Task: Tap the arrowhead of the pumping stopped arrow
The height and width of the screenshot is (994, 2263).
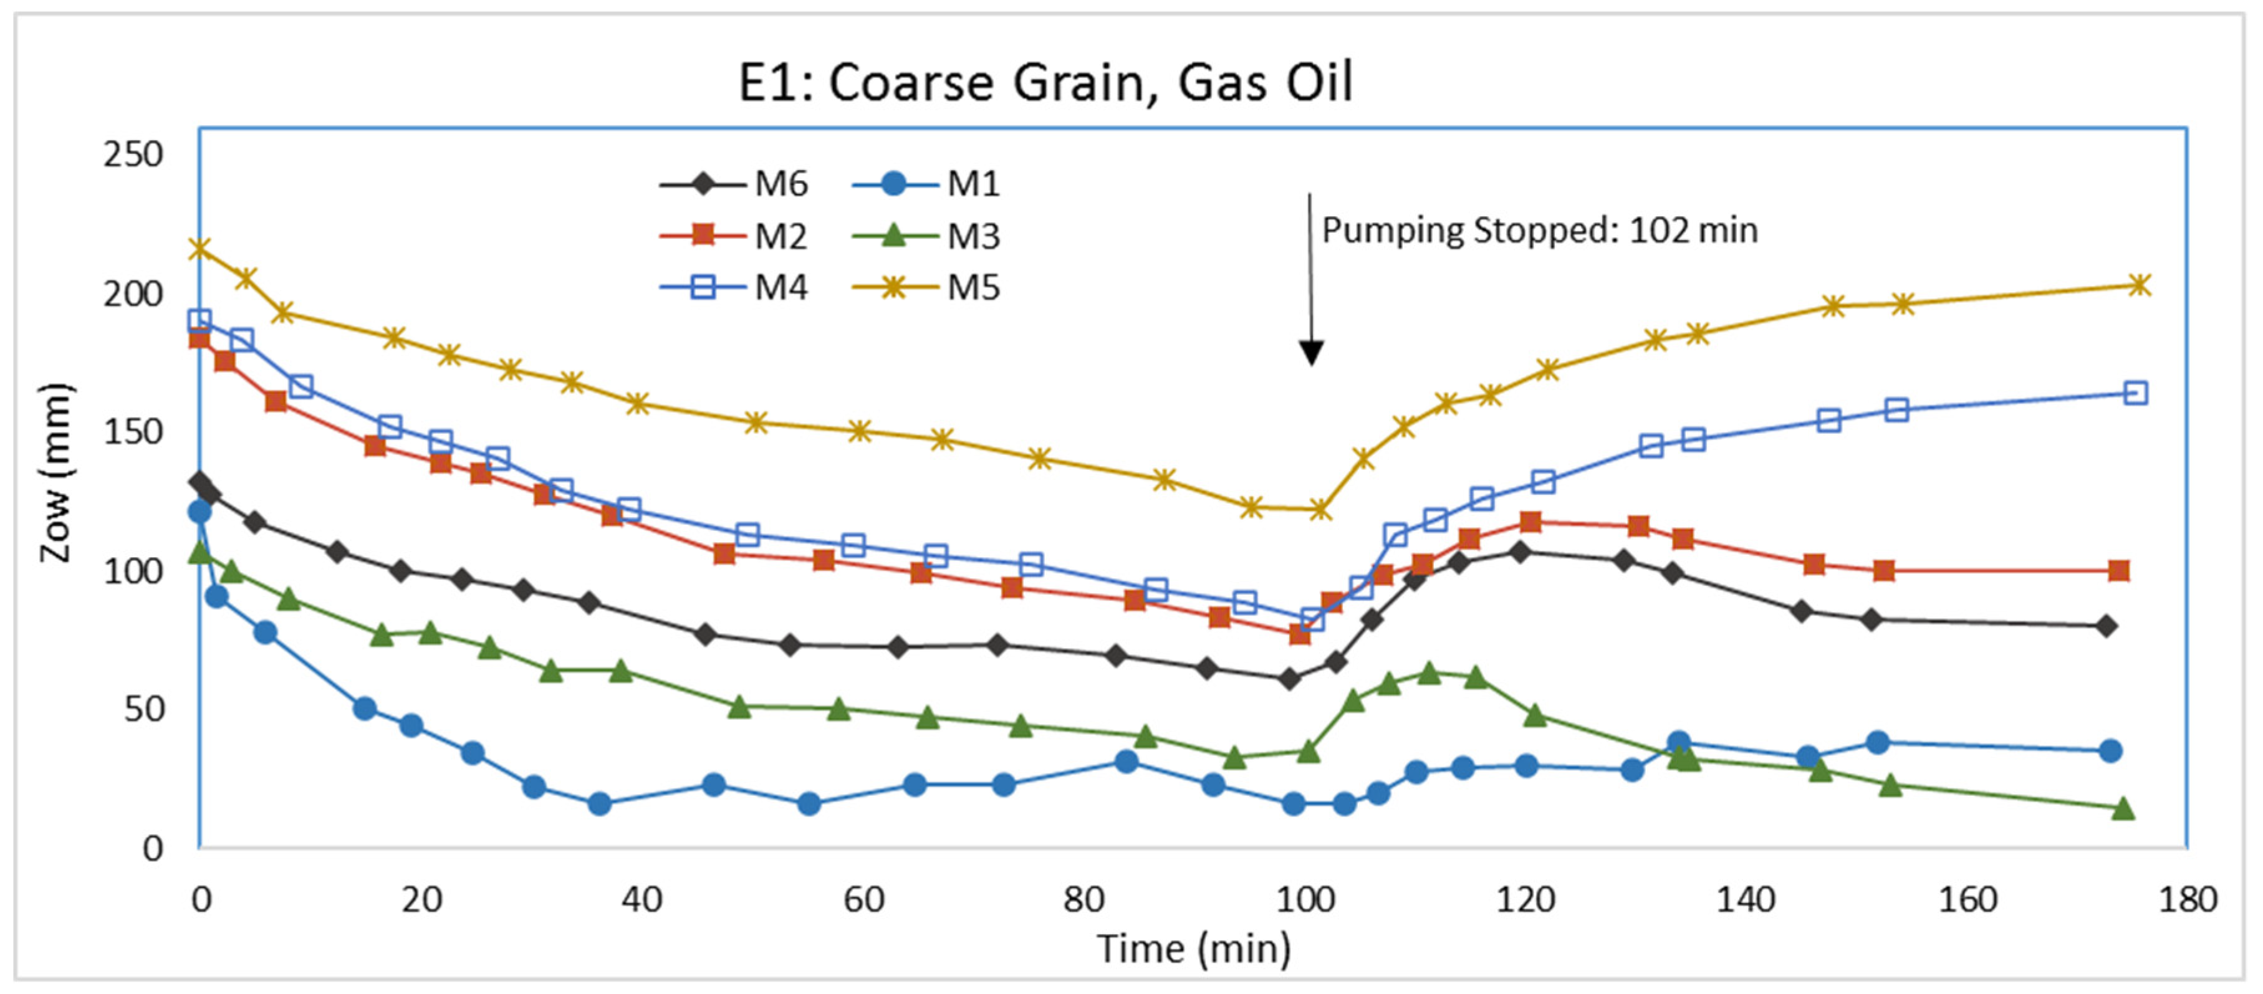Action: pos(1310,353)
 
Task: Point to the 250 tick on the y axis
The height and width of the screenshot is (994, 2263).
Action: pos(133,155)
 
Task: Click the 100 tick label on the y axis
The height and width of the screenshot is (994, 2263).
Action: pos(133,571)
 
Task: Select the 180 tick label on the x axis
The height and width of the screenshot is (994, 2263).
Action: pos(2188,900)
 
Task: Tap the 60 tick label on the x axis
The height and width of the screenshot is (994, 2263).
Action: pos(863,900)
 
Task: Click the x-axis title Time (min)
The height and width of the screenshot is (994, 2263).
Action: pos(1194,949)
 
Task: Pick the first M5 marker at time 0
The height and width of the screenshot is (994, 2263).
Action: pos(200,249)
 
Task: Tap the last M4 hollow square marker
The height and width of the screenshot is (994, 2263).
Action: pos(2135,393)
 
